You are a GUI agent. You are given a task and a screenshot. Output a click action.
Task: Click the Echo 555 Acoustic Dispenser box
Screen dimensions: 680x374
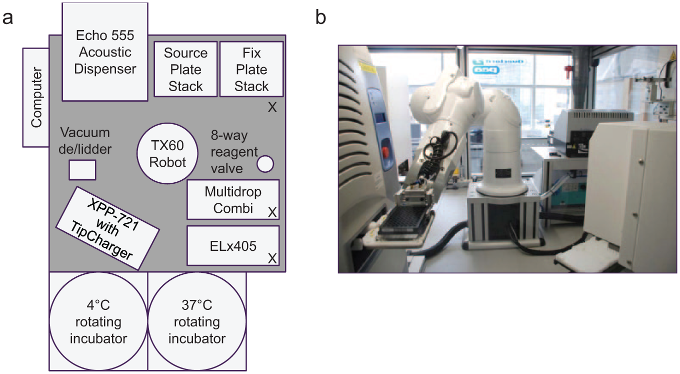[105, 52]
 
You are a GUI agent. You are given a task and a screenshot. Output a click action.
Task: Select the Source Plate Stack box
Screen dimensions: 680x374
[186, 69]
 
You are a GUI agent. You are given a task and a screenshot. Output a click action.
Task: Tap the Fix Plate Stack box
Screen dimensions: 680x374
[251, 69]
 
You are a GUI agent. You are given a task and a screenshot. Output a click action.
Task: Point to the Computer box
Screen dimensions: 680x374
[36, 98]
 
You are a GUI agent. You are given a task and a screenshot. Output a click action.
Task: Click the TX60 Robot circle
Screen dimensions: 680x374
[167, 153]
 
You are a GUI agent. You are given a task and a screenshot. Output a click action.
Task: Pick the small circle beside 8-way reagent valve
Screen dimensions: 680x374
[265, 164]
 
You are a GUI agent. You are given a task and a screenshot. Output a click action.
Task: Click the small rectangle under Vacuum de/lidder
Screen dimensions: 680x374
[82, 170]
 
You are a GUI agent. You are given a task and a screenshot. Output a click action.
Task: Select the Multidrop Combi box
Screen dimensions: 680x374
[233, 199]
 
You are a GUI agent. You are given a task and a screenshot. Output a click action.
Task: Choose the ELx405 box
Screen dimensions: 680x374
[233, 246]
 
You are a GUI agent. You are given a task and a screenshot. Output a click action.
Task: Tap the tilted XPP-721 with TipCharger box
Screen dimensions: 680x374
[107, 228]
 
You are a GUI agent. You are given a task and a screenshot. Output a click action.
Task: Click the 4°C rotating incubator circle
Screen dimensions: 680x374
[98, 321]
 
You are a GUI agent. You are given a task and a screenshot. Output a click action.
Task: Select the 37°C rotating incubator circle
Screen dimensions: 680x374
[197, 321]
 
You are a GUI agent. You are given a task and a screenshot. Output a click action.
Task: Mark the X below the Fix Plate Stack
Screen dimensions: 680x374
[272, 107]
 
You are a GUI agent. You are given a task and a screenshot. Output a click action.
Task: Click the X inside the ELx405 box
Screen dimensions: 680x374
[272, 258]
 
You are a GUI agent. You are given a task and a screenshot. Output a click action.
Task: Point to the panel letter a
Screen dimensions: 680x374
[7, 18]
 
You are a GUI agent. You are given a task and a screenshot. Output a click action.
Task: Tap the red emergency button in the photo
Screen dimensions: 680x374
[386, 152]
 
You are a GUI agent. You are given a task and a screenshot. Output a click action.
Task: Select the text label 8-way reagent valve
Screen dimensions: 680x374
[234, 152]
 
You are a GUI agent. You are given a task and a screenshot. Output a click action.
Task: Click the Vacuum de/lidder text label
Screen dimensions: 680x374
[85, 141]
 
